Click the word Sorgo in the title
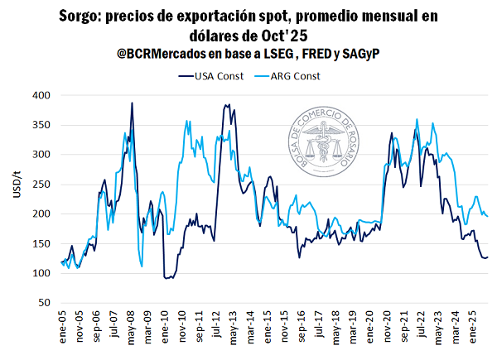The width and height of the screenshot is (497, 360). [x=78, y=16]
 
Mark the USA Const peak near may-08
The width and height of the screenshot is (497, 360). [x=132, y=103]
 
